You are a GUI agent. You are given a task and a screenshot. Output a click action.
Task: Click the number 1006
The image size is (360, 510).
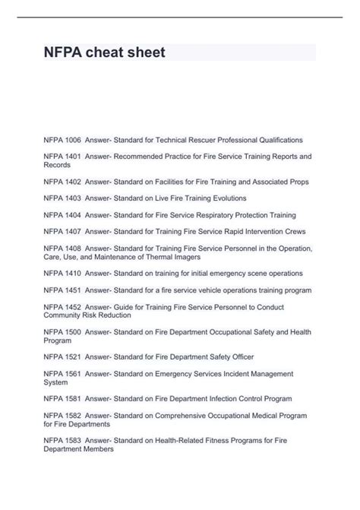72,140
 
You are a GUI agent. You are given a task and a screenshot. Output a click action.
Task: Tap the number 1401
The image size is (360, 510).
72,156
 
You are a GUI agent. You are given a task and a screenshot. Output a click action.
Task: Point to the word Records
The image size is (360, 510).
57,165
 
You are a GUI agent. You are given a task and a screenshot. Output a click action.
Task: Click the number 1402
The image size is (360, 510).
72,182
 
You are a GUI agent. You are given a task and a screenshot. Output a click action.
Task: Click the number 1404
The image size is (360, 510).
72,215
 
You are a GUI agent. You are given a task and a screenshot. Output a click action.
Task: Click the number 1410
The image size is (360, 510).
72,273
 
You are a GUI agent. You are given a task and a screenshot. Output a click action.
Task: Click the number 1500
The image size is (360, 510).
72,332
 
